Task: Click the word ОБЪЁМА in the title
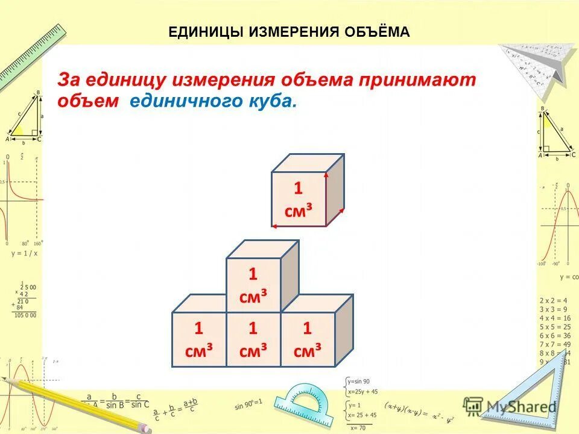376,32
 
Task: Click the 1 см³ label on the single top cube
299,199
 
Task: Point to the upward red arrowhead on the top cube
326,175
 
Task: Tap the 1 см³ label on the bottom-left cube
198,339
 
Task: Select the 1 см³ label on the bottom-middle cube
253,339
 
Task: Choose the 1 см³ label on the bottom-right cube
307,339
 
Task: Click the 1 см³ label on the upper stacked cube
253,285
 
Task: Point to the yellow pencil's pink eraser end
145,427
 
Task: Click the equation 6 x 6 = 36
554,335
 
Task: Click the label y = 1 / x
24,253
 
